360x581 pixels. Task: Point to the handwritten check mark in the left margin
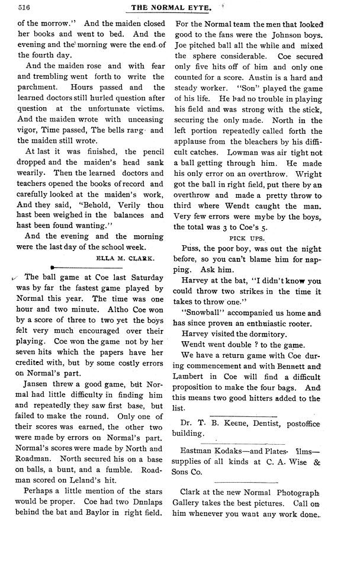[14, 277]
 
